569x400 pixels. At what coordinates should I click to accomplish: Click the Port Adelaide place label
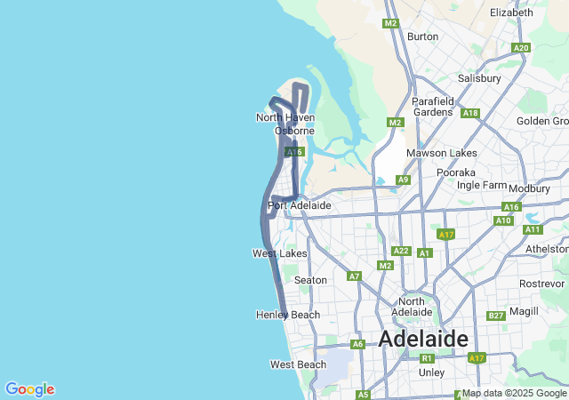[299, 205]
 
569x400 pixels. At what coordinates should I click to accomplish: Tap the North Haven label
[284, 117]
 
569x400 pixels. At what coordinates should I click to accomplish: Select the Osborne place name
[294, 131]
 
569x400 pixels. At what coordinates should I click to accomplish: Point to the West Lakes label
[279, 253]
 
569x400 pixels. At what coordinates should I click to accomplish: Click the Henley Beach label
[287, 315]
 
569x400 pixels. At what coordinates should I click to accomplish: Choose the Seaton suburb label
[310, 280]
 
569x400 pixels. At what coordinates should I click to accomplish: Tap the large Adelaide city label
[423, 339]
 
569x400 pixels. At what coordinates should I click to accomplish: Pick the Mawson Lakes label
[441, 153]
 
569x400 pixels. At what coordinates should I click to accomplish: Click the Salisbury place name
[479, 78]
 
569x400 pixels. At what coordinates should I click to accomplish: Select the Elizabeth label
[511, 12]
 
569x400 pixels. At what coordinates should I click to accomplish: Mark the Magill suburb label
[525, 311]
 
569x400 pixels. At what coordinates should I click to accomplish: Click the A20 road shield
[521, 48]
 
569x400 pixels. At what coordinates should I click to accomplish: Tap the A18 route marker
[470, 113]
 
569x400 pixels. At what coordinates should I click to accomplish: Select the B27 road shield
[496, 316]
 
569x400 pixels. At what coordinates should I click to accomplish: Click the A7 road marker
[355, 276]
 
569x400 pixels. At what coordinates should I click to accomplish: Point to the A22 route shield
[401, 252]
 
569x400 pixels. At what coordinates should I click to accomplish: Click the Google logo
[29, 389]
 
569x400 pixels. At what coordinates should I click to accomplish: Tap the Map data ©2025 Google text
[514, 393]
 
